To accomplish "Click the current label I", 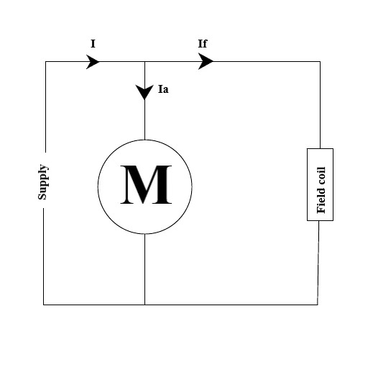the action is tap(93, 44).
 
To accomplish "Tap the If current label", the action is tap(203, 43).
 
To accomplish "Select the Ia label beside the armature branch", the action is tap(163, 89).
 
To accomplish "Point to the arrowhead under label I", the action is tap(93, 62).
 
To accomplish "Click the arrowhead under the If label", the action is tap(206, 61).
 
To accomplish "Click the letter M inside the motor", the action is tap(146, 184).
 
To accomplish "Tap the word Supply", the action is tap(43, 182).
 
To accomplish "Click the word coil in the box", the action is tap(321, 176).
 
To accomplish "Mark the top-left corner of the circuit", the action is tap(45, 62).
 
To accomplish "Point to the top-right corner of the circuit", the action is tap(320, 62).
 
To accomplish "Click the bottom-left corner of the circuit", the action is tap(44, 305).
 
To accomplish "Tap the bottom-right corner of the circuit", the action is tap(318, 305).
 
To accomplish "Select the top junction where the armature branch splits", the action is tap(144, 62).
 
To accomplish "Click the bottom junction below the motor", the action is tap(144, 305).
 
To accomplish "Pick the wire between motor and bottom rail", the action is tap(144, 269).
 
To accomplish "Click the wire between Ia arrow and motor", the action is tap(144, 120).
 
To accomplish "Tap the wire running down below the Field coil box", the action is tap(318, 263).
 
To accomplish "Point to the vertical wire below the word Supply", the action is tap(44, 256).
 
